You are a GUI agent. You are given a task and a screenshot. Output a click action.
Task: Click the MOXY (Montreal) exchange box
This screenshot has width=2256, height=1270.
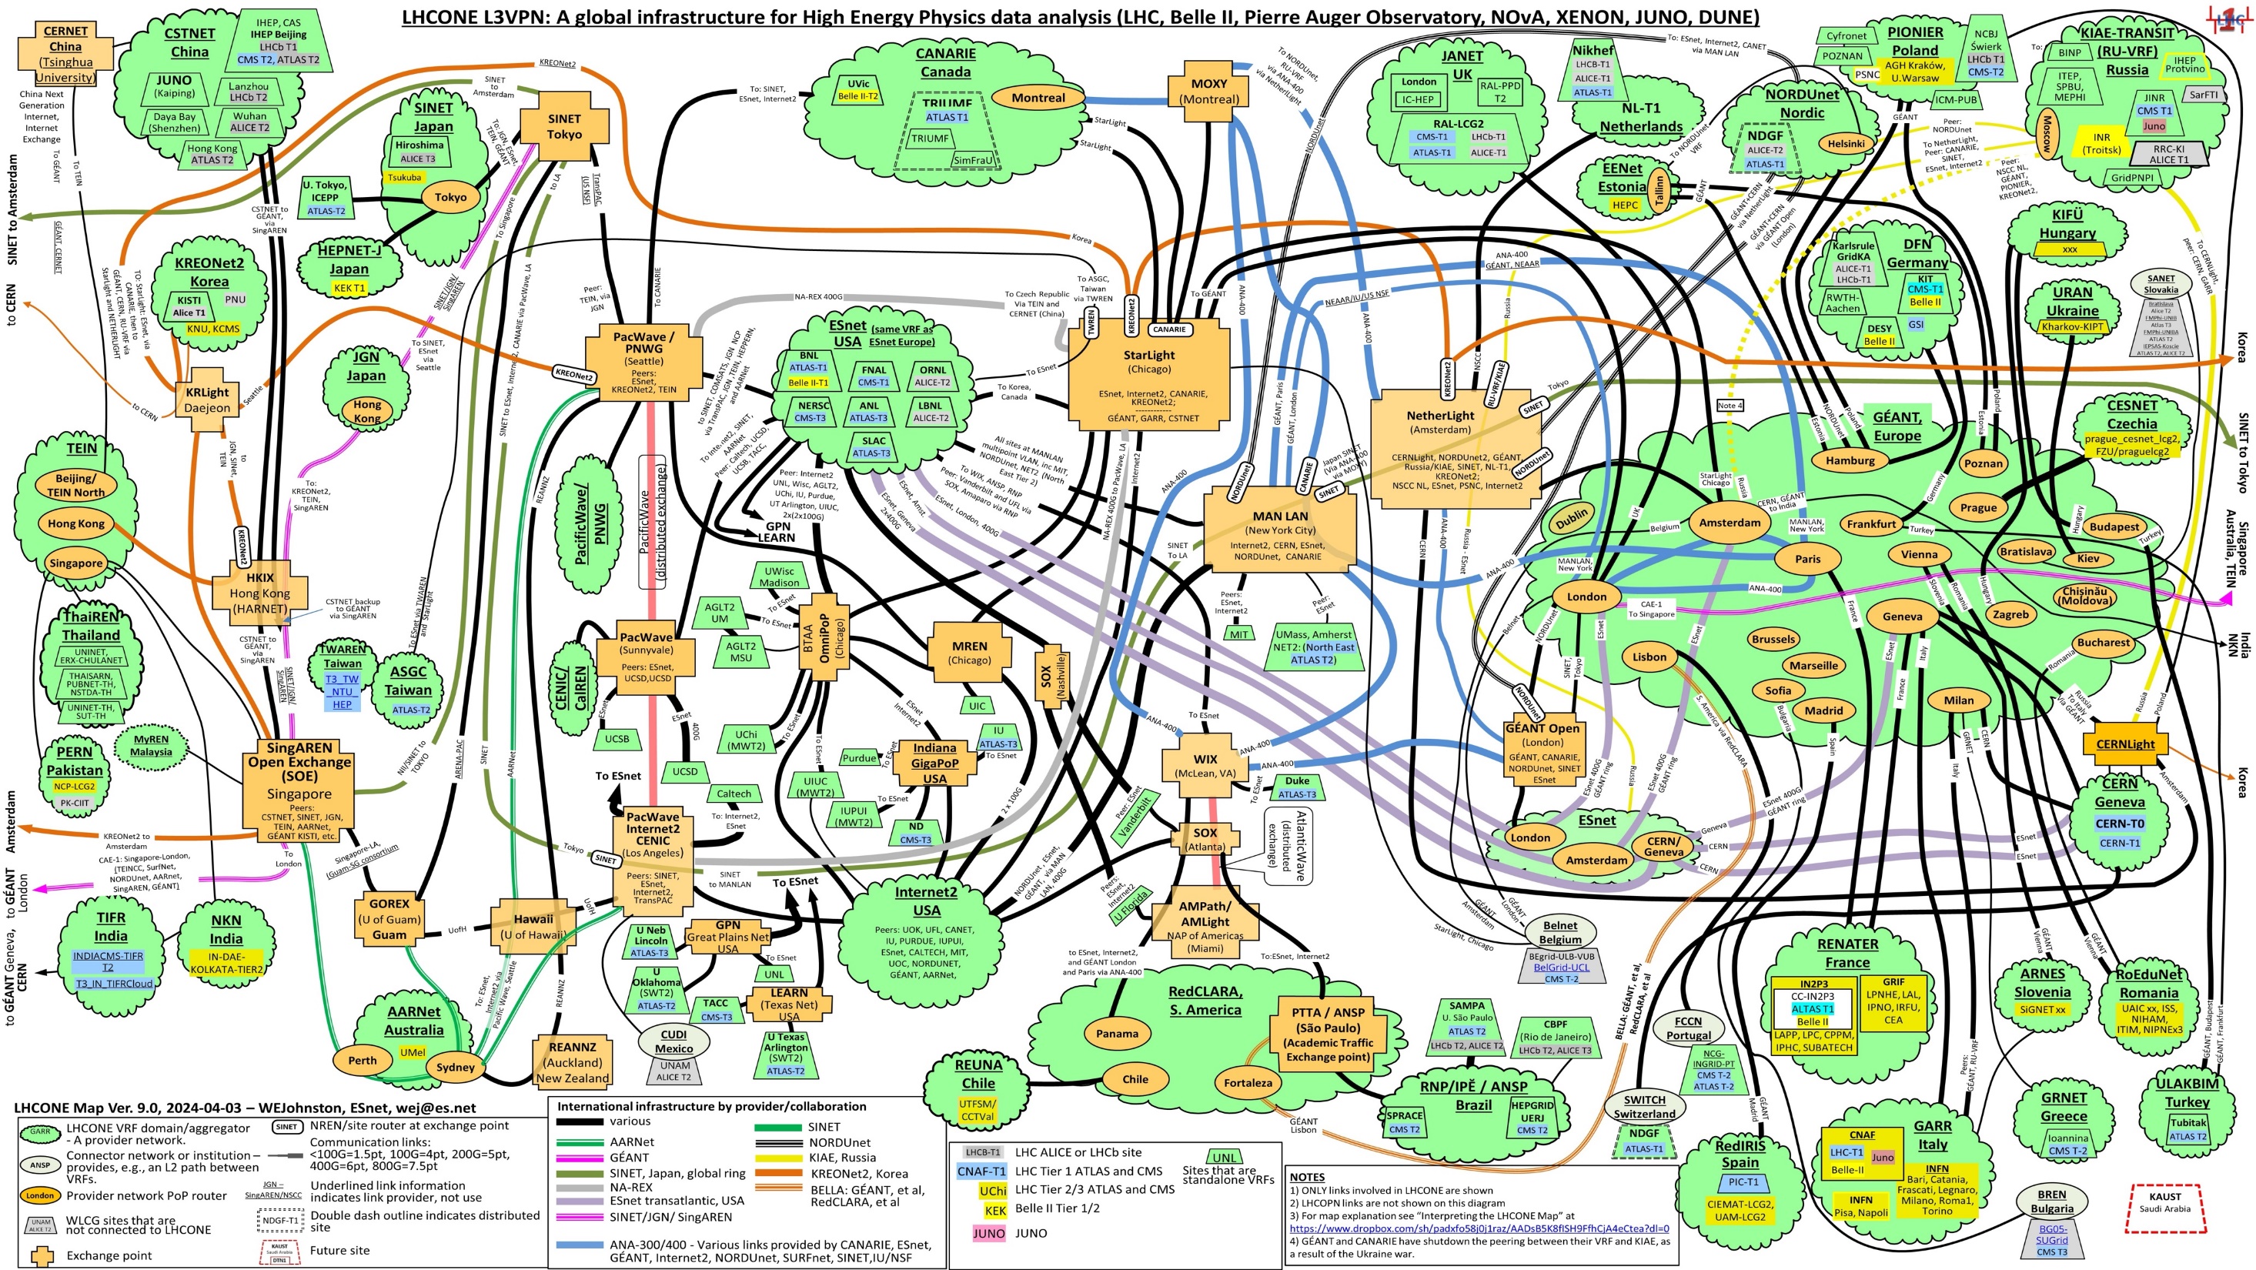tap(1208, 91)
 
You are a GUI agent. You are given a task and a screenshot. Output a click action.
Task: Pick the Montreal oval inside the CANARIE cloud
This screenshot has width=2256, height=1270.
tap(1038, 98)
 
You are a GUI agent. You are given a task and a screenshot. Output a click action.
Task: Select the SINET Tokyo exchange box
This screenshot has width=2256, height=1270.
tap(564, 126)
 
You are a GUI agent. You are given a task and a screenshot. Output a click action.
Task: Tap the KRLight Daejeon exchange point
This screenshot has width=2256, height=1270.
tap(207, 400)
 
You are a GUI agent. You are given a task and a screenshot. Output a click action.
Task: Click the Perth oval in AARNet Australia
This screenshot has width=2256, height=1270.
tap(362, 1060)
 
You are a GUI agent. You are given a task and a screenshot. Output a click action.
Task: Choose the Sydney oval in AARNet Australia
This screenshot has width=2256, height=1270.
tap(455, 1067)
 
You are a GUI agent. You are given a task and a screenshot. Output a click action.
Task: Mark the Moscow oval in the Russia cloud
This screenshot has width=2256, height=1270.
tap(2046, 135)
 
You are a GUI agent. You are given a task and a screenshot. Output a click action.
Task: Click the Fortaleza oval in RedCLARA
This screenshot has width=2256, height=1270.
tap(1247, 1082)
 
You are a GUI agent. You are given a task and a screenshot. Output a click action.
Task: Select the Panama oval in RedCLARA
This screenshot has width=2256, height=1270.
tap(1117, 1034)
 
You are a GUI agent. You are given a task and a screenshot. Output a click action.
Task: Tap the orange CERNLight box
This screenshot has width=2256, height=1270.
tap(2124, 744)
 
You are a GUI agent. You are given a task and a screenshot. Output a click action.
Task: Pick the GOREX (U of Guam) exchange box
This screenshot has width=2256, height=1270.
tap(389, 918)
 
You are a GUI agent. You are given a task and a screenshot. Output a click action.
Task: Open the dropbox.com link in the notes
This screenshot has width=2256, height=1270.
tap(1479, 1228)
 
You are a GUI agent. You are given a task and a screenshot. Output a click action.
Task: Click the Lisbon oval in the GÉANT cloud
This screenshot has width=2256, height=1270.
tap(1649, 657)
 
